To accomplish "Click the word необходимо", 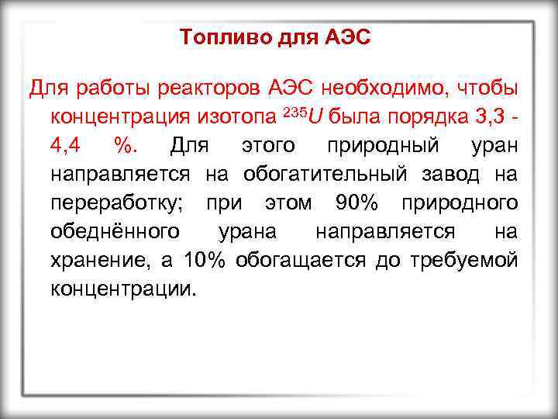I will click(378, 88).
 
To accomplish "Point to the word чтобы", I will click(482, 88).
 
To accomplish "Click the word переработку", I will click(123, 203).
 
